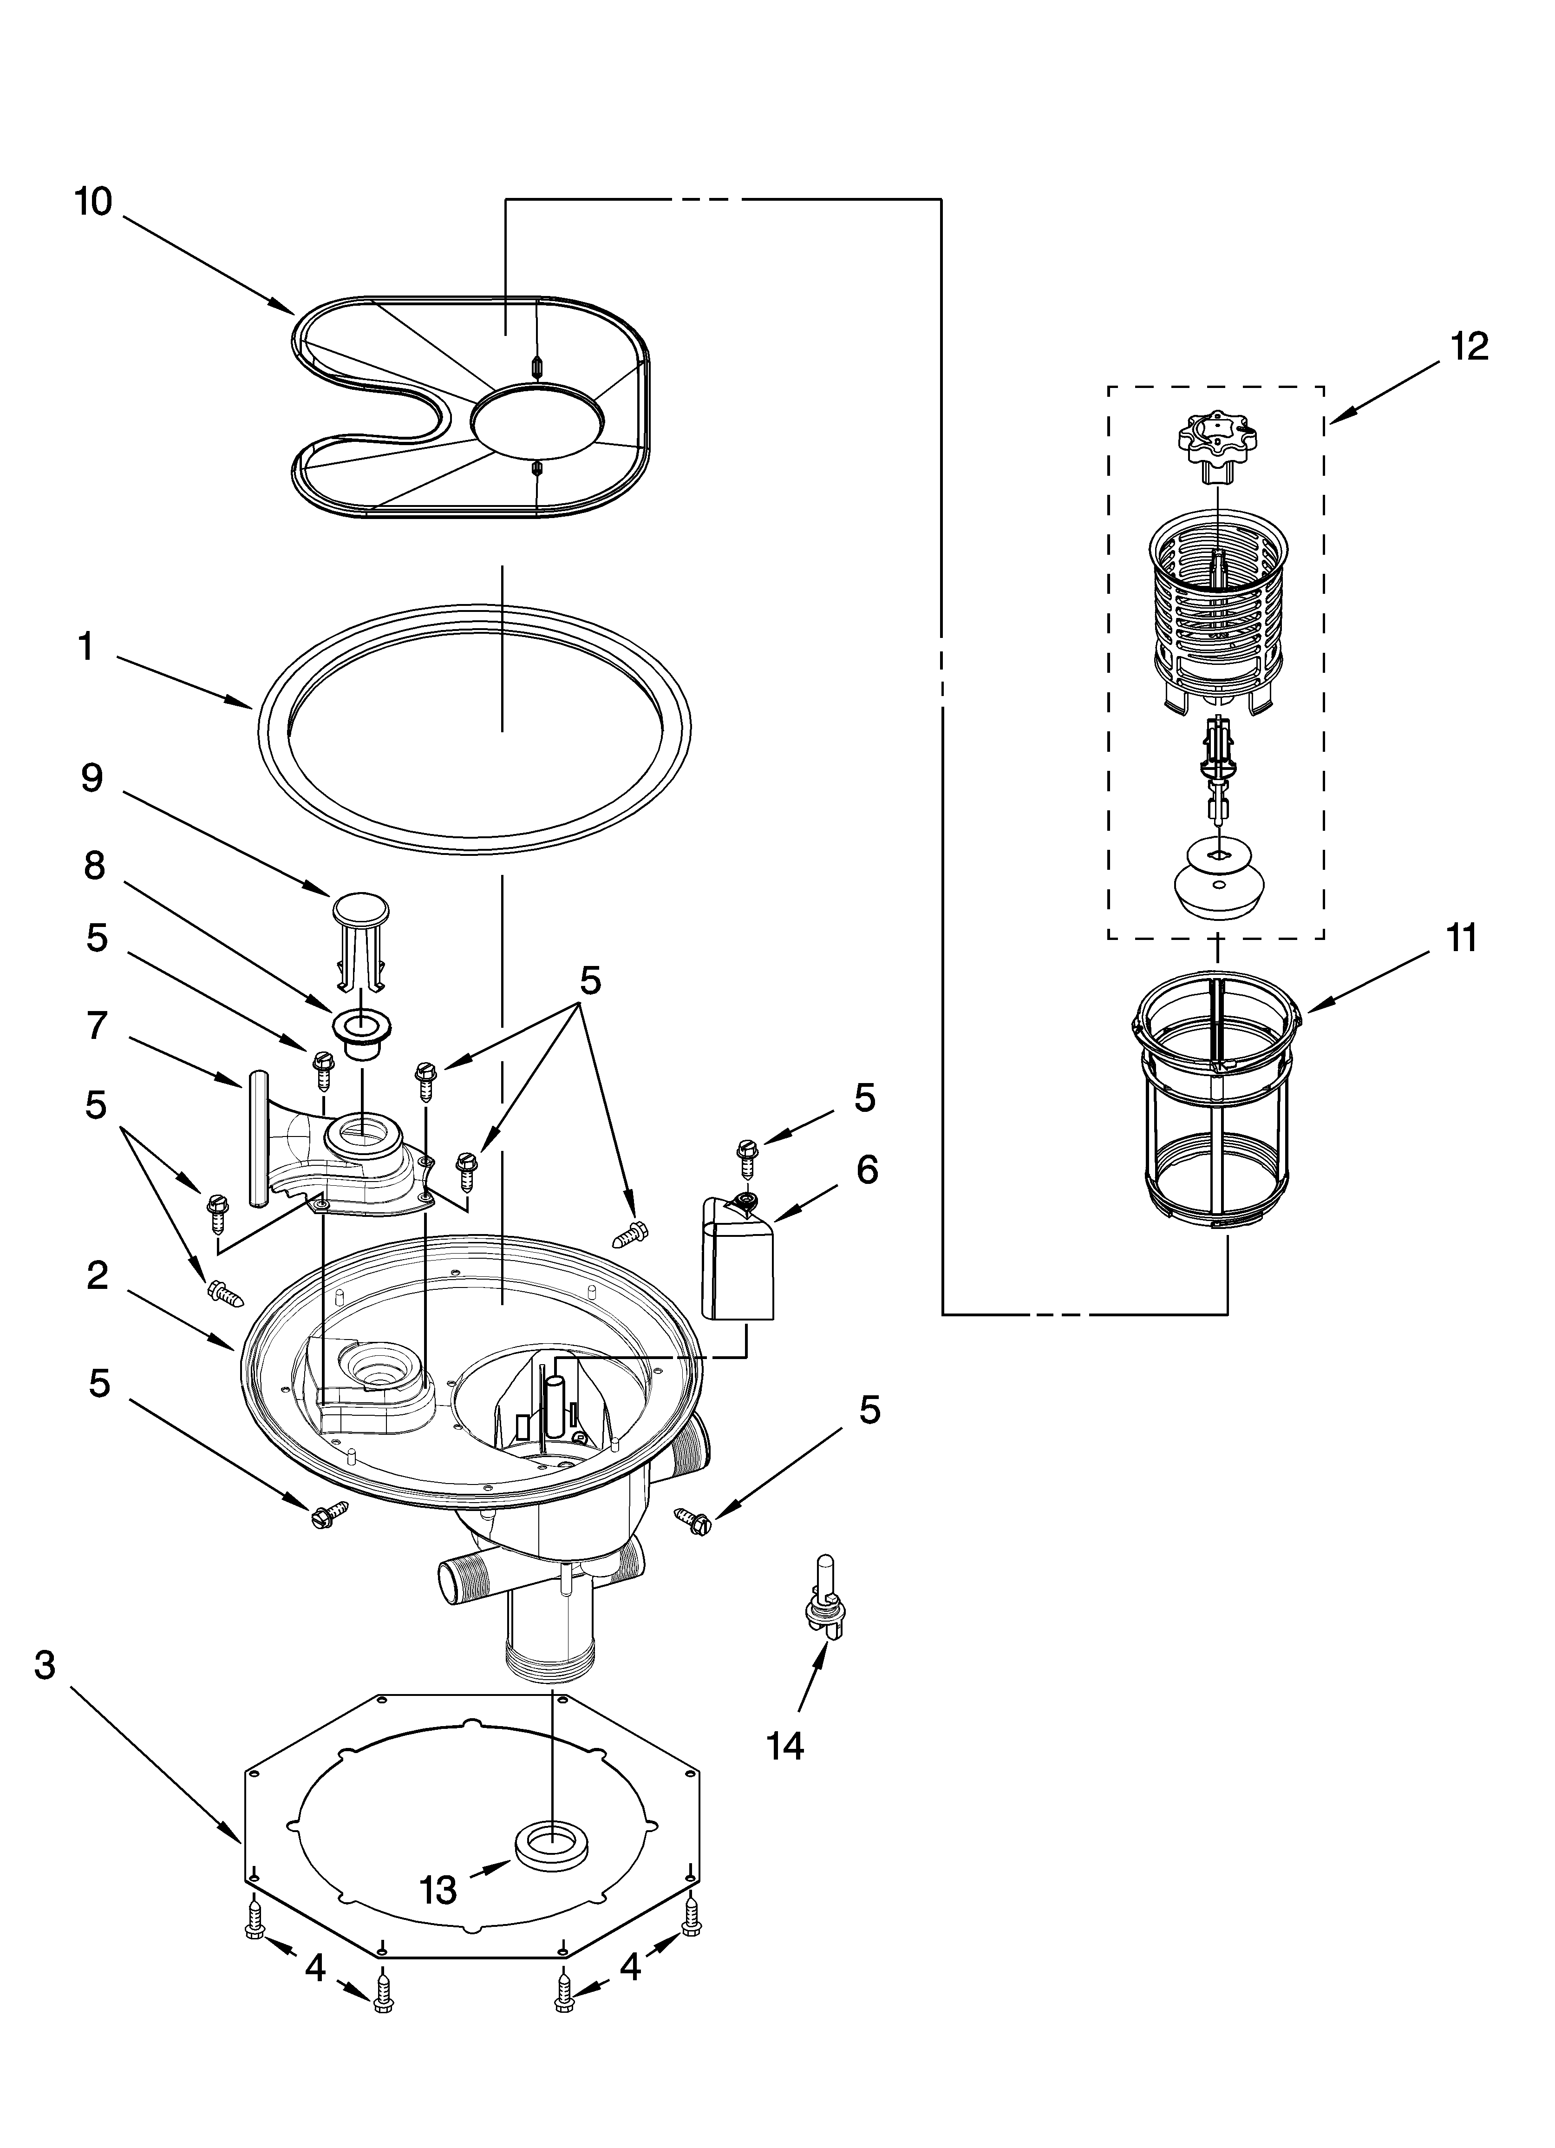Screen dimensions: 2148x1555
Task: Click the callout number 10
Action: (x=94, y=202)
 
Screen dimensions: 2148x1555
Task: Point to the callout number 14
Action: (x=785, y=1745)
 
